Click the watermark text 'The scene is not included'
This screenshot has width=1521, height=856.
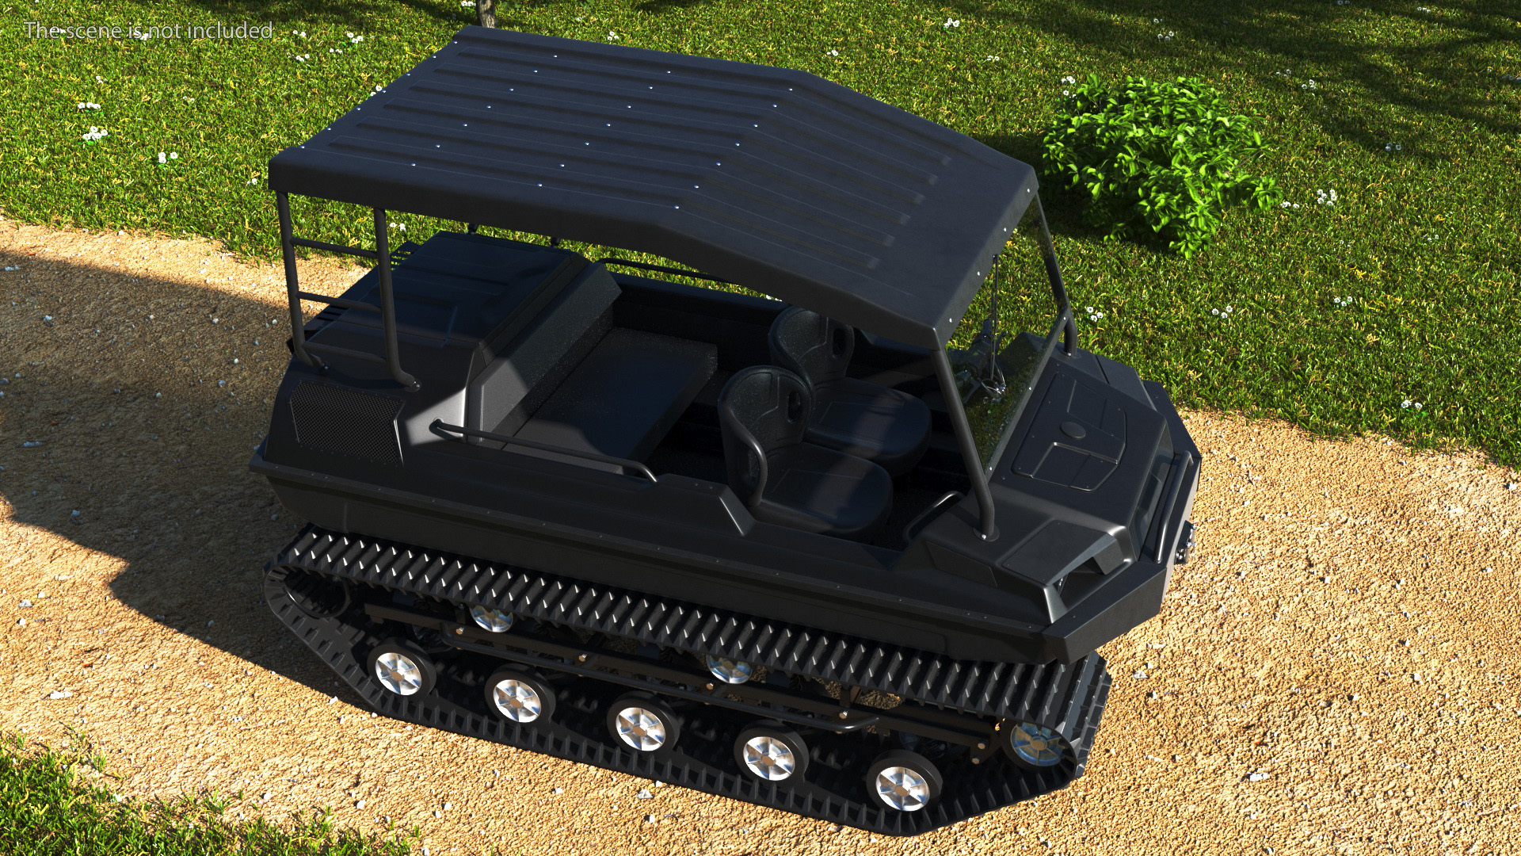(x=149, y=30)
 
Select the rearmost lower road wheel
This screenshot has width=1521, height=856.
(x=400, y=669)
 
